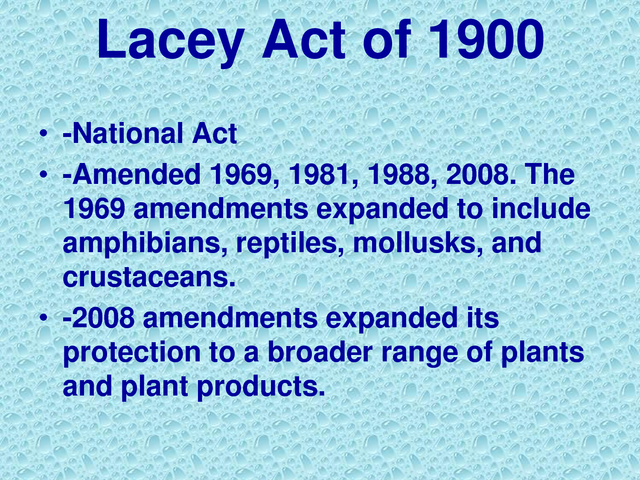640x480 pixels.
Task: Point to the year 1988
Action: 405,177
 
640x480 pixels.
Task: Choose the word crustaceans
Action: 147,277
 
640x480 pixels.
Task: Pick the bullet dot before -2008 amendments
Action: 43,321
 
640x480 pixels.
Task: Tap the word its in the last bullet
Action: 482,319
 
